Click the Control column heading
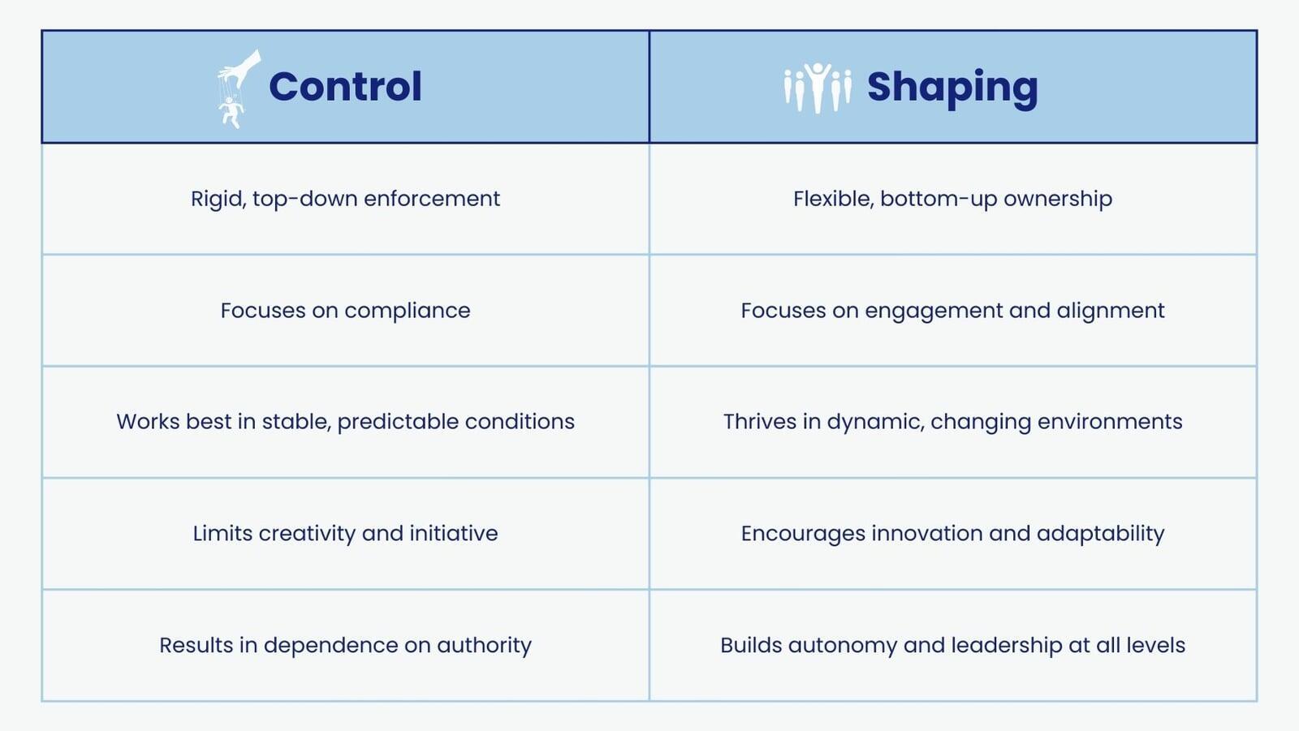(345, 86)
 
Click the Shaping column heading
(952, 88)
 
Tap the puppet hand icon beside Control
(239, 88)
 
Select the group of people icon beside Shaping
(818, 88)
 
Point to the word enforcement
(432, 199)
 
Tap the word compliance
(407, 311)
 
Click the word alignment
(1111, 312)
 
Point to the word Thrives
(760, 421)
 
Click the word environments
(1110, 422)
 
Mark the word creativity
(307, 534)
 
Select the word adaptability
(1100, 534)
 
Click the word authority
(484, 646)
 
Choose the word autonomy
(842, 646)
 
